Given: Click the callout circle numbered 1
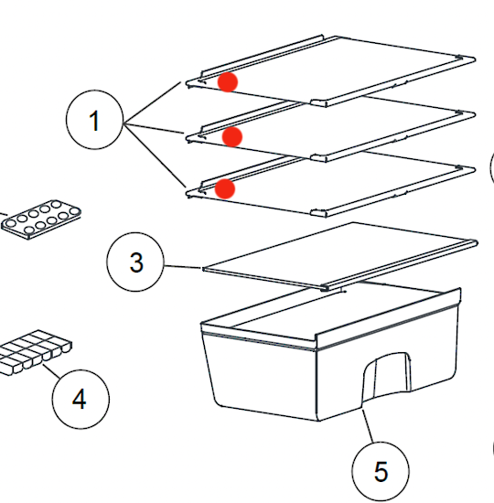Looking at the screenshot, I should point(95,122).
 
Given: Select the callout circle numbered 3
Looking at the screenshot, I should point(136,263).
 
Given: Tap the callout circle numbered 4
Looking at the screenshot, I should point(80,399).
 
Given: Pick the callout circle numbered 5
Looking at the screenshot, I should point(381,472).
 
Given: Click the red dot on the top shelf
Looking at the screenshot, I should point(228,82).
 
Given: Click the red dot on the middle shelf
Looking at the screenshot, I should point(232,137).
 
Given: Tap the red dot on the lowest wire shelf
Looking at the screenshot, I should point(225,188).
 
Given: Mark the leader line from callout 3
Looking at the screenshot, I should point(183,266).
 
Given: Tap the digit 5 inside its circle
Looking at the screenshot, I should point(381,472).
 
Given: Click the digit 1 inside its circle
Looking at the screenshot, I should point(95,122).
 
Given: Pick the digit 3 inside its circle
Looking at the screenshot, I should point(136,263).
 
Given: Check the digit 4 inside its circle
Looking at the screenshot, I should point(80,399).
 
